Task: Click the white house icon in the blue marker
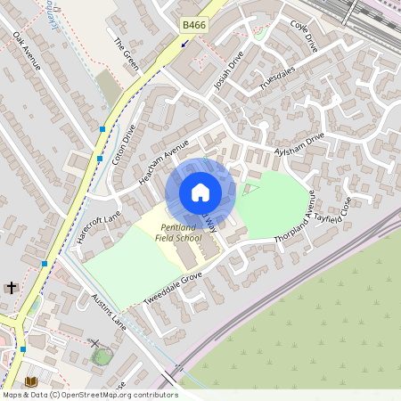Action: tap(200, 192)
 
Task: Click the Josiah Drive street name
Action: tap(229, 72)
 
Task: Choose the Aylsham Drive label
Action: tap(300, 142)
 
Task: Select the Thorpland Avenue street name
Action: tap(305, 217)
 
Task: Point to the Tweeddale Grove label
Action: tap(170, 288)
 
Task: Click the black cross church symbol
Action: tap(11, 287)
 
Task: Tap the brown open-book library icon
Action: tap(30, 381)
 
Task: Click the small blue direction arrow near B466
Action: tap(184, 42)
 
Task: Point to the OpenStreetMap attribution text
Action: tap(89, 395)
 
